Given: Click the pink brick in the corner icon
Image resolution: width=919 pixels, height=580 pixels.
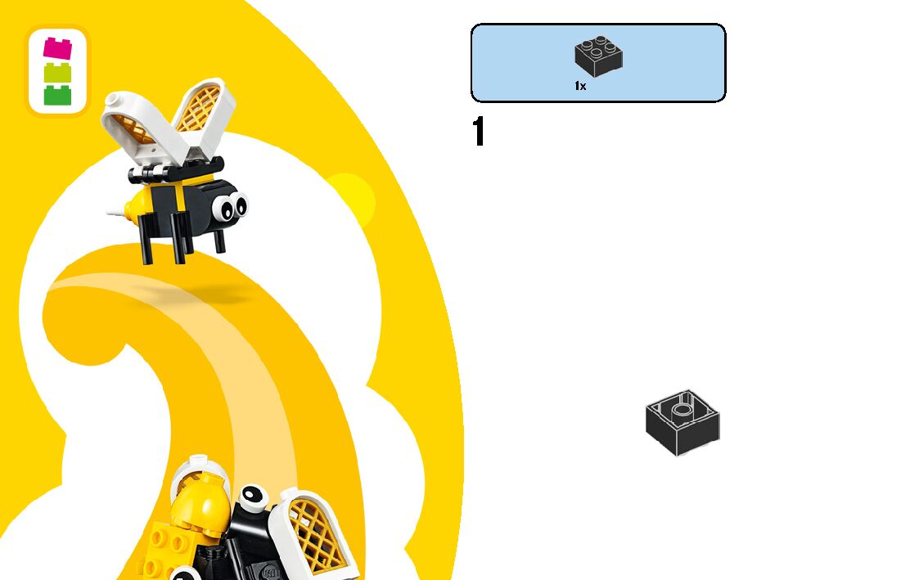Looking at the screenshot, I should (x=57, y=47).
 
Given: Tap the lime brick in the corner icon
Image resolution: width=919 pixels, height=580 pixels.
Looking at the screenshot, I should (x=57, y=72).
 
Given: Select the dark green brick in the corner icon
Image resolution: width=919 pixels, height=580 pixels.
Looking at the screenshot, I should (x=57, y=95).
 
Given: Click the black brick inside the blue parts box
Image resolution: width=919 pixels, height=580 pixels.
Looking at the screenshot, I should (x=598, y=56).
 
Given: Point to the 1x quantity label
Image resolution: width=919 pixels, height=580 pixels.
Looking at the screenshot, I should (x=580, y=86).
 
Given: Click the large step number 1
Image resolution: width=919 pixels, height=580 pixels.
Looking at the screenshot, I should (x=479, y=132).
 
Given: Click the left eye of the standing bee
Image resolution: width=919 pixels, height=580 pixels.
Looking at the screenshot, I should (x=223, y=209).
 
